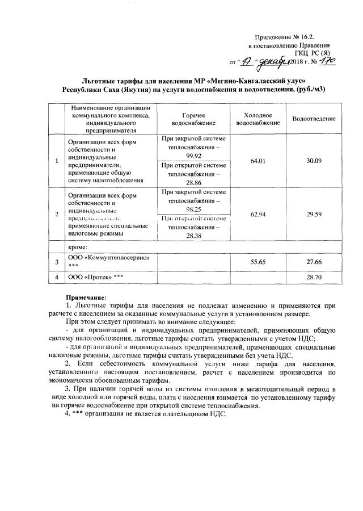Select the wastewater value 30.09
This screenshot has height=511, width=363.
314,161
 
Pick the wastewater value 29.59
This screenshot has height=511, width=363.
314,216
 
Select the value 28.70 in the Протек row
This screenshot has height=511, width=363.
314,277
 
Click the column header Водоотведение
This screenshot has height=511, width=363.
314,119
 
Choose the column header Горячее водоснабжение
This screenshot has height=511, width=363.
194,119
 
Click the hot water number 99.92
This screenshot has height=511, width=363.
194,156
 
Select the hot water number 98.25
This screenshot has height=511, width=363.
194,209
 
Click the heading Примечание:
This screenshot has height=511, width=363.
86,296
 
